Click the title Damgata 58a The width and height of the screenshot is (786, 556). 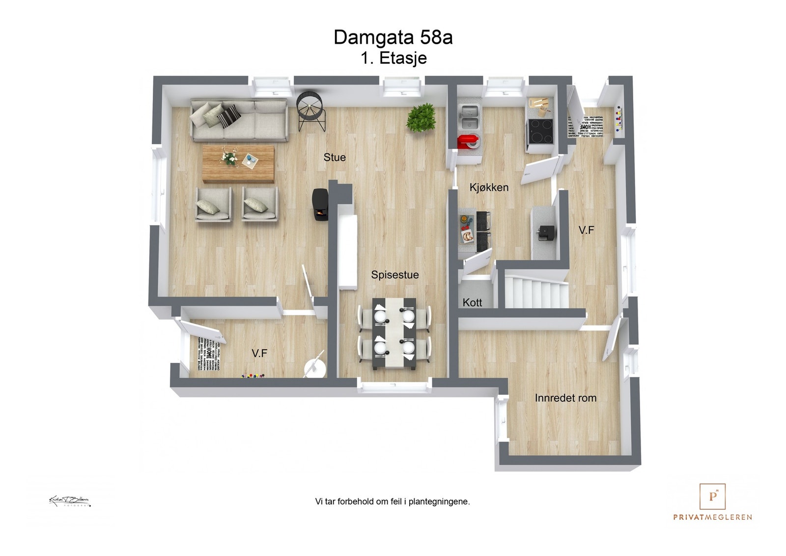pos(393,37)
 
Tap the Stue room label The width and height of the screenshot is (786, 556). pos(335,158)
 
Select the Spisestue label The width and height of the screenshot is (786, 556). pos(394,275)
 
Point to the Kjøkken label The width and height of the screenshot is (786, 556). pos(489,188)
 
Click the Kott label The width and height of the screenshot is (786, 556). pos(472,303)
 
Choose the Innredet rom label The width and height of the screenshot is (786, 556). pos(565,398)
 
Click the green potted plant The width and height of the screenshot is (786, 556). pos(421,118)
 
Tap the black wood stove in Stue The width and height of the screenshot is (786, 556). pos(321,205)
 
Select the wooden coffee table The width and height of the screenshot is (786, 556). pos(239,164)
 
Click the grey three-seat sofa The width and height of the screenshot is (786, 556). pos(239,120)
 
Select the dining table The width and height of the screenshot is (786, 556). pos(394,334)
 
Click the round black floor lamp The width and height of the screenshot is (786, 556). pos(310,111)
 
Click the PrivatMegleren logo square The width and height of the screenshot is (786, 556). pos(712,497)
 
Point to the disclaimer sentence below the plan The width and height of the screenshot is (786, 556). pos(393,502)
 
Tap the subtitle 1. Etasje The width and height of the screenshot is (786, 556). pos(393,58)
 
